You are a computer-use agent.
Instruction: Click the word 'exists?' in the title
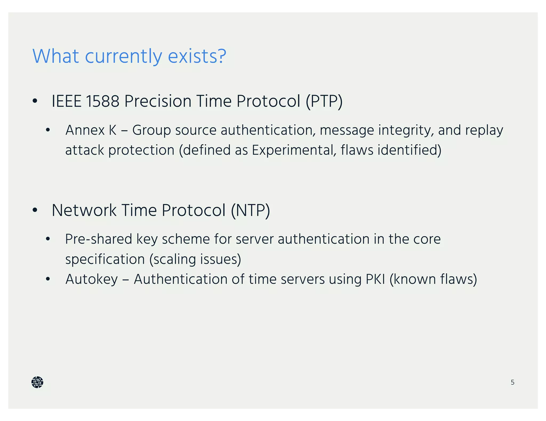[197, 56]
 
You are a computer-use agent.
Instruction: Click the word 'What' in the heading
[55, 56]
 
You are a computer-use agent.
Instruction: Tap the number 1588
[102, 101]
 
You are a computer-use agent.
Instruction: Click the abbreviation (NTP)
[250, 210]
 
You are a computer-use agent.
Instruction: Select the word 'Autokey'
[91, 279]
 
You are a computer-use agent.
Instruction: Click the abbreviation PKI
[375, 279]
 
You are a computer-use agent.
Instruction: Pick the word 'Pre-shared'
[98, 239]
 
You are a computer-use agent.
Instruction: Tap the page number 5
[512, 382]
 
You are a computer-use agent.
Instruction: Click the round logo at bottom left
[37, 382]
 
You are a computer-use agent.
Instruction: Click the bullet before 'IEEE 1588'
[35, 101]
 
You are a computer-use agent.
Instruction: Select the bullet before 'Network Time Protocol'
[35, 210]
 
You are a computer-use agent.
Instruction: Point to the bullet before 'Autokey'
[48, 279]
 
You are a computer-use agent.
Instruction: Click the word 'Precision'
[158, 101]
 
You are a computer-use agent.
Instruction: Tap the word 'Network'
[84, 210]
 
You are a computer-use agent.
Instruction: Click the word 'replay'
[484, 130]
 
